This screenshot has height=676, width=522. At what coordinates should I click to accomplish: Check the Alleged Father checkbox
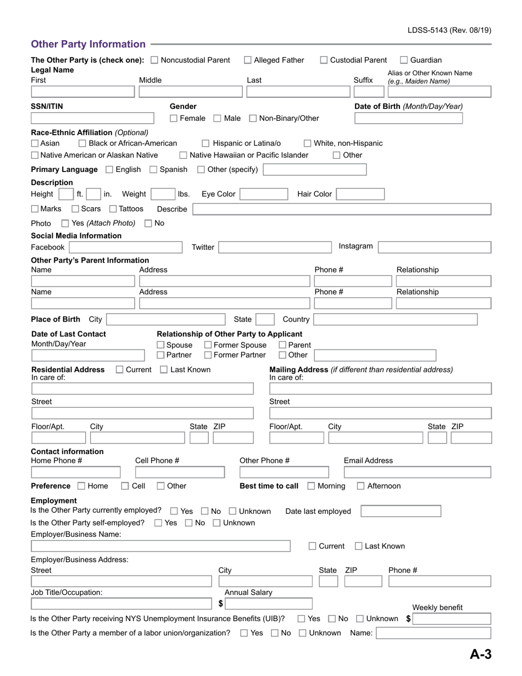(248, 60)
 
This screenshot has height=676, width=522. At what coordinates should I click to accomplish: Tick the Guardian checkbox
(404, 60)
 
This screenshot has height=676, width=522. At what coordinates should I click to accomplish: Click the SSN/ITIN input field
(92, 118)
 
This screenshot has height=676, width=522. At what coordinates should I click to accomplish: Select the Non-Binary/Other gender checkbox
(253, 118)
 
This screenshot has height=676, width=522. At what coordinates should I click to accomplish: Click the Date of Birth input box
(408, 118)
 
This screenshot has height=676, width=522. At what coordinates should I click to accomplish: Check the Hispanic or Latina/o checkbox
(206, 143)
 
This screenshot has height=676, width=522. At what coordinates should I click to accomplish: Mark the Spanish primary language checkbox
(153, 169)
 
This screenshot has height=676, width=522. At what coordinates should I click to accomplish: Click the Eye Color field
(264, 194)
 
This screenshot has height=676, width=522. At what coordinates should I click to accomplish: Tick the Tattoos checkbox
(113, 209)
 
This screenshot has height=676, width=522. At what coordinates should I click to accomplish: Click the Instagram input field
(435, 247)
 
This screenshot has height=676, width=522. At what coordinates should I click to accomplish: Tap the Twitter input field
(275, 247)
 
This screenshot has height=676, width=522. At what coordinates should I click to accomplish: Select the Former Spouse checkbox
(208, 345)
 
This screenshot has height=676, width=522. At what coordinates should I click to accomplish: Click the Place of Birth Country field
(395, 319)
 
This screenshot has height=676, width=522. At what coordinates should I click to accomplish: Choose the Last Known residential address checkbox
(164, 370)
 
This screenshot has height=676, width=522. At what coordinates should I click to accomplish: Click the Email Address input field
(417, 472)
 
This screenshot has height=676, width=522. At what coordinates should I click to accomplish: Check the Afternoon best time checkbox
(360, 486)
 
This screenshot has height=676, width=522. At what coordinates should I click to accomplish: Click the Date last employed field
(401, 512)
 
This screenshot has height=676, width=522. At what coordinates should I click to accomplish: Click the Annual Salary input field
(268, 603)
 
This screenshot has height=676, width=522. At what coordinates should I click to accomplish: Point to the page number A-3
(480, 654)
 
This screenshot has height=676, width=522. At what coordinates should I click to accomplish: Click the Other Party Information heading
(88, 44)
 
